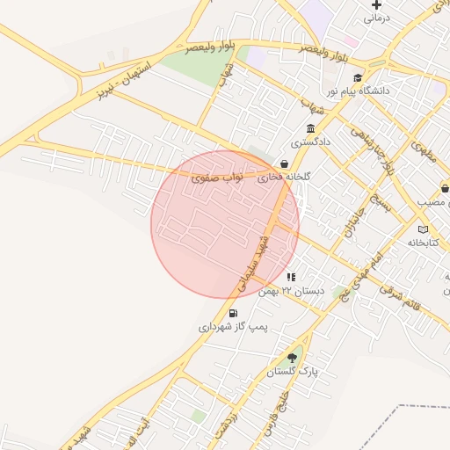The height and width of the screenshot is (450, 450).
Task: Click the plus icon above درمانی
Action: pyautogui.click(x=377, y=5)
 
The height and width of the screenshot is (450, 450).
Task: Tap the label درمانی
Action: pyautogui.click(x=376, y=18)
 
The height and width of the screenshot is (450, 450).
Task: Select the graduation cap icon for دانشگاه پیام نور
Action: pyautogui.click(x=358, y=77)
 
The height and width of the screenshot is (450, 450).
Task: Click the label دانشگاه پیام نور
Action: pyautogui.click(x=359, y=91)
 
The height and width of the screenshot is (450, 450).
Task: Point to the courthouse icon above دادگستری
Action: pyautogui.click(x=310, y=128)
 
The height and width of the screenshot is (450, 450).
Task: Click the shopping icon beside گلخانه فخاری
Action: pyautogui.click(x=284, y=163)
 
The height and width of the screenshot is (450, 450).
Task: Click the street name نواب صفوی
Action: pyautogui.click(x=216, y=178)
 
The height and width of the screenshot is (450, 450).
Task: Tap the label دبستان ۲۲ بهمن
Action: pyautogui.click(x=292, y=290)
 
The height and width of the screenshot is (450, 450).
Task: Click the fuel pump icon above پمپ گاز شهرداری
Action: pyautogui.click(x=233, y=313)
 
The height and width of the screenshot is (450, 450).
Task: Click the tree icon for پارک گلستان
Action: pyautogui.click(x=292, y=358)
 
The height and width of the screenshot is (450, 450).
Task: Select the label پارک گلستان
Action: pyautogui.click(x=292, y=372)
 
